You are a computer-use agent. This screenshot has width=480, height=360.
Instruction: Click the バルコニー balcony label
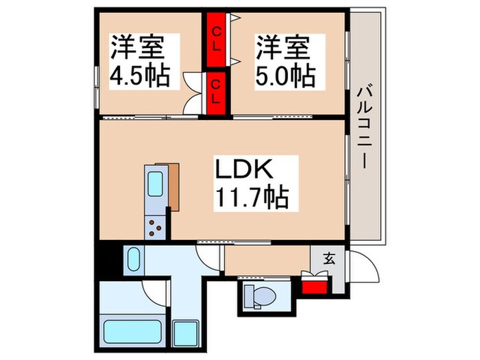click(x=364, y=128)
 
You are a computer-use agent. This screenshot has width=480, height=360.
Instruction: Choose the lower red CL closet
click(x=216, y=93)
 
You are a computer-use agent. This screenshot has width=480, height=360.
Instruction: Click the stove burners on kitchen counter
click(x=156, y=227)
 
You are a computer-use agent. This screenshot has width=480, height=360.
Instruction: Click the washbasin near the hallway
click(x=134, y=260)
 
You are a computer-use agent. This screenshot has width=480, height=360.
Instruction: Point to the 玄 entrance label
click(x=329, y=259)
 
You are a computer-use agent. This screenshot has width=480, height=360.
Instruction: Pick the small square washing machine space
click(x=185, y=333)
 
